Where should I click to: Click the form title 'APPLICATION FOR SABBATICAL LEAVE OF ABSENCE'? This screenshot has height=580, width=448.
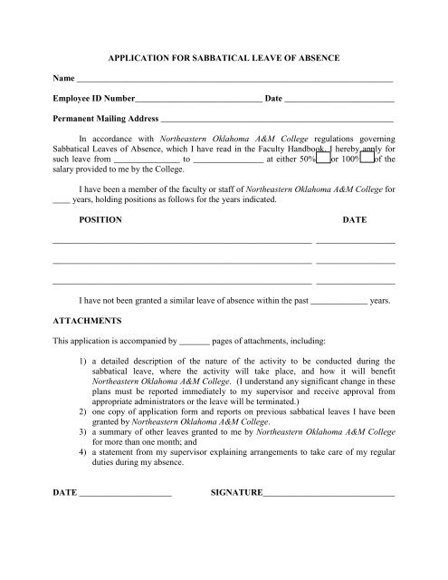(x=224, y=58)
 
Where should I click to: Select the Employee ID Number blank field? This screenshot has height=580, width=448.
(x=198, y=99)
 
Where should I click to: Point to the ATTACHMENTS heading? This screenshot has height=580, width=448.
(x=93, y=320)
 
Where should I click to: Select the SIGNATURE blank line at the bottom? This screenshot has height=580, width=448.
(x=329, y=494)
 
